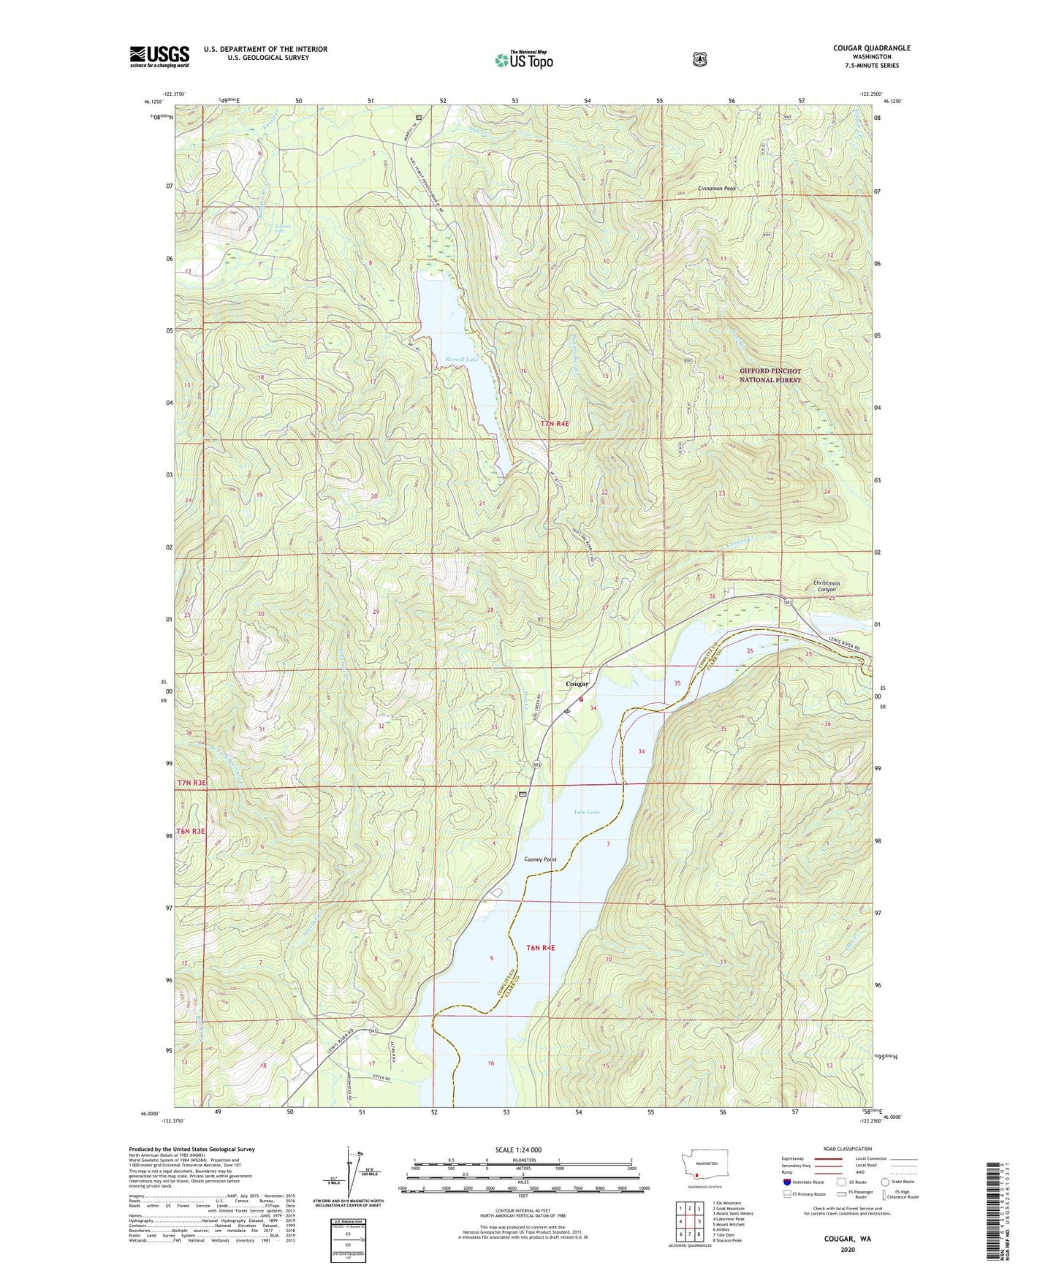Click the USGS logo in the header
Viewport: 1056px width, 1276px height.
[159, 56]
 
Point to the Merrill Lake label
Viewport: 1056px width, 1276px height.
[462, 359]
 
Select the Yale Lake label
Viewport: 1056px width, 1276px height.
[586, 812]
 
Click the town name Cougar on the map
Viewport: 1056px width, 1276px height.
[577, 684]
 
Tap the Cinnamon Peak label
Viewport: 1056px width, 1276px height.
[716, 189]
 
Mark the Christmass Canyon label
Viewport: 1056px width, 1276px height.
[826, 586]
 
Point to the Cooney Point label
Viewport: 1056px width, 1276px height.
[540, 859]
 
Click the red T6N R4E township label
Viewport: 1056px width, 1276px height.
[540, 948]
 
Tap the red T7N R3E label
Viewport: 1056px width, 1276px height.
[191, 783]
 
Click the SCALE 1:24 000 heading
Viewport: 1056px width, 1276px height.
[518, 1150]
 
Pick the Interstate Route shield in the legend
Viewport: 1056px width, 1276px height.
[786, 1182]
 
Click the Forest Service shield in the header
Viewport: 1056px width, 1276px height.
[699, 58]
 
